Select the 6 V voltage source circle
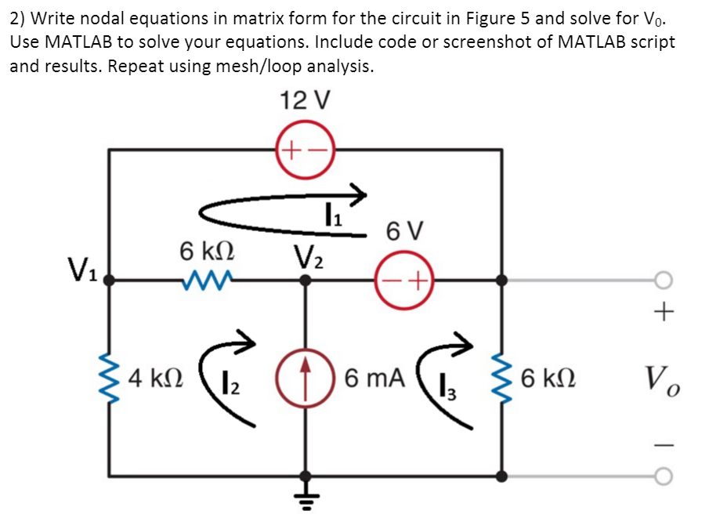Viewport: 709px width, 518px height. (404, 279)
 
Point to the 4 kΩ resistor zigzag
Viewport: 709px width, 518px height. (109, 379)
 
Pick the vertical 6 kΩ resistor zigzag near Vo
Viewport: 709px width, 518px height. (502, 379)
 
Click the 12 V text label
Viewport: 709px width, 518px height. (305, 100)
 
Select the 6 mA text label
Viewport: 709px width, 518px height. (374, 379)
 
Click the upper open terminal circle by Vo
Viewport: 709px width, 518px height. (663, 280)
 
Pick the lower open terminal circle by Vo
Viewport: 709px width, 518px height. (663, 476)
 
